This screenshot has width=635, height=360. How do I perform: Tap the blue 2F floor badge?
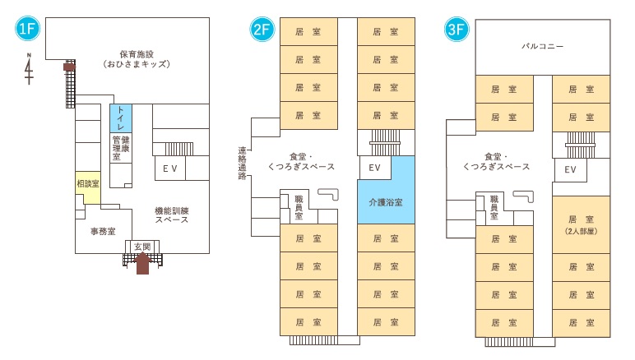pos(262,30)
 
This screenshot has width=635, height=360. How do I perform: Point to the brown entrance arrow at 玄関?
pos(142,263)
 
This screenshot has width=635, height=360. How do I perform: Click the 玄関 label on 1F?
pos(141,247)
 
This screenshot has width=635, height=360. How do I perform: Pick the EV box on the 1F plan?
pos(170,168)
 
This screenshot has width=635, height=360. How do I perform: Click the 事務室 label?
pos(102,232)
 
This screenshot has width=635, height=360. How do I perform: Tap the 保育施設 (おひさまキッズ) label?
pos(137,57)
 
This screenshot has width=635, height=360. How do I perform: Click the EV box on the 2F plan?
pos(374,168)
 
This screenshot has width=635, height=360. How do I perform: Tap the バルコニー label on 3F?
pos(543,46)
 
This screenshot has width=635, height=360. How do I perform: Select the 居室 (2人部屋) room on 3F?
pos(581,224)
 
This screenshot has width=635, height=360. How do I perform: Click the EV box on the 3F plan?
pos(569,170)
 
